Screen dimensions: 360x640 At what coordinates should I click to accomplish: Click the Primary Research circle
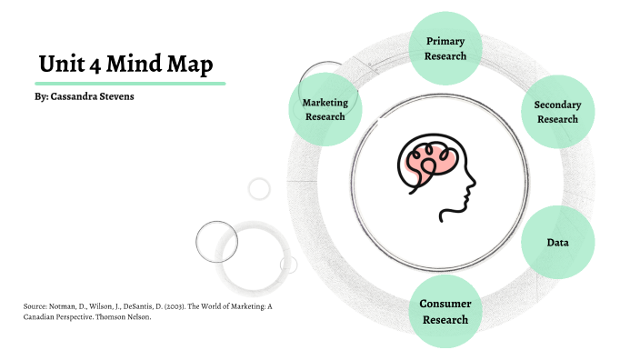click(445, 48)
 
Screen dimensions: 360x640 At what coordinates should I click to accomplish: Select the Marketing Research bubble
click(325, 109)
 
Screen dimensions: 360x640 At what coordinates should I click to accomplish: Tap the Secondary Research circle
click(557, 111)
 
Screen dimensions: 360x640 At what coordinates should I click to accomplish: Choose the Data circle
click(557, 243)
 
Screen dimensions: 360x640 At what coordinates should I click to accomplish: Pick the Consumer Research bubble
click(445, 311)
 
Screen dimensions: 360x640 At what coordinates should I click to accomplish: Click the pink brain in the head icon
click(428, 159)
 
